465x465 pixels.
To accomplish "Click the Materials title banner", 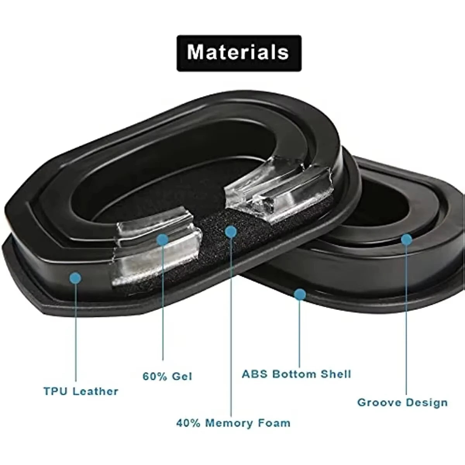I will [239, 53].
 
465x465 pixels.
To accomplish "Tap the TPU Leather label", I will [81, 391].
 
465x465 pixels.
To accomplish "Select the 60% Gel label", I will [167, 376].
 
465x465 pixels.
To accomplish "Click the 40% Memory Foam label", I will [233, 422].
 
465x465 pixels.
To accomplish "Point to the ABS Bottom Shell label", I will [296, 374].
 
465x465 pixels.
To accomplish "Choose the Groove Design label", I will [402, 402].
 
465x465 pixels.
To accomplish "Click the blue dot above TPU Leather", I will [76, 277].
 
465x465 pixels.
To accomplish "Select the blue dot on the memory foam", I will [231, 232].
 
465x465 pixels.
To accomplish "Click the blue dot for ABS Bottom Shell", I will [300, 295].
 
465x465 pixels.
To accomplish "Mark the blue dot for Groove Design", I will [406, 239].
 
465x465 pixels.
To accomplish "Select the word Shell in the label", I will [336, 374].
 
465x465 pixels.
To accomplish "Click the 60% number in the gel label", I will [152, 376].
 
